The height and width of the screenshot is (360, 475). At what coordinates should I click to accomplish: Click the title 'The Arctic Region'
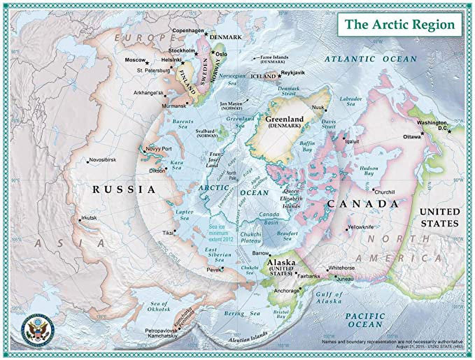point(400,24)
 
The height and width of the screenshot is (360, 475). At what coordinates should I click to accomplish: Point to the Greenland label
point(284,119)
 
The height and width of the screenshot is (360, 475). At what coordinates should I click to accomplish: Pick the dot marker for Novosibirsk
point(87,161)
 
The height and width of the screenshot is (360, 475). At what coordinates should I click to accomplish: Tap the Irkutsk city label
point(89,218)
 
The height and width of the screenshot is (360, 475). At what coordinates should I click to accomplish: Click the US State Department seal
point(36,329)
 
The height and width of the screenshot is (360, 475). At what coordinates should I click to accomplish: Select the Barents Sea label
point(183,124)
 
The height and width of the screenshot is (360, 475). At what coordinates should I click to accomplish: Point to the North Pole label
point(232,175)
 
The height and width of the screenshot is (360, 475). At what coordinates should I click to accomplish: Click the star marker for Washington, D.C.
point(449,131)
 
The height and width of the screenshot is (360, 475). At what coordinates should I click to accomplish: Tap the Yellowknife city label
point(361,227)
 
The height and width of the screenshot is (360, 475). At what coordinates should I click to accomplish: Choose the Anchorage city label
point(286,291)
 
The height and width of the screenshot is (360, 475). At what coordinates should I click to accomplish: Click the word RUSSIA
point(123,189)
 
